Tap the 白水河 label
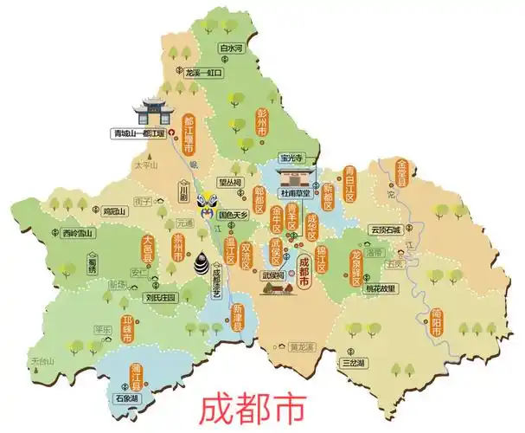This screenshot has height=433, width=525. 234,48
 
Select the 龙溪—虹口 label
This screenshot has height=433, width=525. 203,74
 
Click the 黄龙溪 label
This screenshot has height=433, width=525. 301,346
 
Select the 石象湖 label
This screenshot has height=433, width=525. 128,399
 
